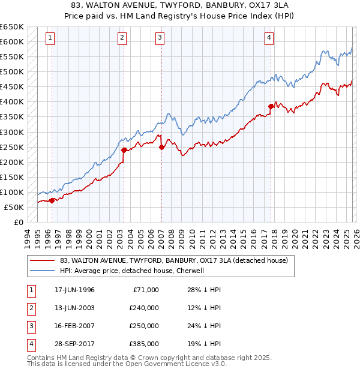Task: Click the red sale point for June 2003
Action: coord(124,150)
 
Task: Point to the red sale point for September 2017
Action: coord(271,106)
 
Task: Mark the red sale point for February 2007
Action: coord(161,147)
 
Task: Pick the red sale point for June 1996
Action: coord(52,201)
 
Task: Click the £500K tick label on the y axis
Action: coord(11,72)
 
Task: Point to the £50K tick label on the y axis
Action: coord(14,207)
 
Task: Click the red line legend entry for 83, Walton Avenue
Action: coord(174,260)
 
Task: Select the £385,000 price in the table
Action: coord(143,344)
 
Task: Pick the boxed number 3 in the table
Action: coord(30,326)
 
